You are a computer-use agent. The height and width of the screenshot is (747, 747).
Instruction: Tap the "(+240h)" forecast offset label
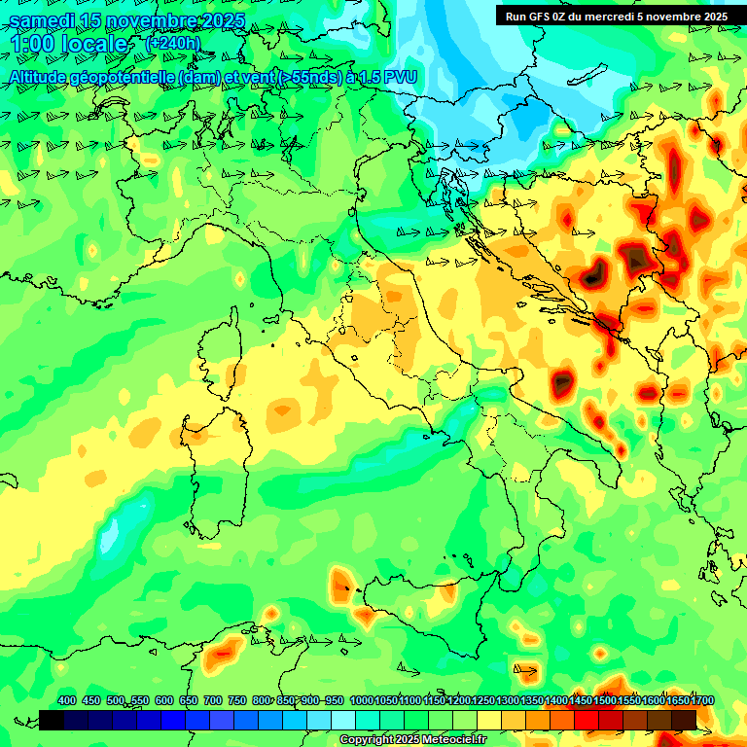(x=172, y=44)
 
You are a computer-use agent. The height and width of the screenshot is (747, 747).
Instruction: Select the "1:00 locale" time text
(x=69, y=45)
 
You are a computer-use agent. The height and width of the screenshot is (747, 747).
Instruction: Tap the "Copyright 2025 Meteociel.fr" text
(x=413, y=740)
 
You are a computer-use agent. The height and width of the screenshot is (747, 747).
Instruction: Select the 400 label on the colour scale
(x=66, y=700)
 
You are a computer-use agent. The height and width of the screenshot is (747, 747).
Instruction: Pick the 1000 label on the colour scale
(x=361, y=700)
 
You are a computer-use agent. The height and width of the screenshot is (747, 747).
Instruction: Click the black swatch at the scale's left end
(x=52, y=720)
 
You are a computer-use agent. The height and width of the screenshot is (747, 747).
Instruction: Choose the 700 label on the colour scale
(x=213, y=700)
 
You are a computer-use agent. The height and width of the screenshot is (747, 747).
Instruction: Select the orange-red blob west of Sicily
(x=340, y=586)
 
